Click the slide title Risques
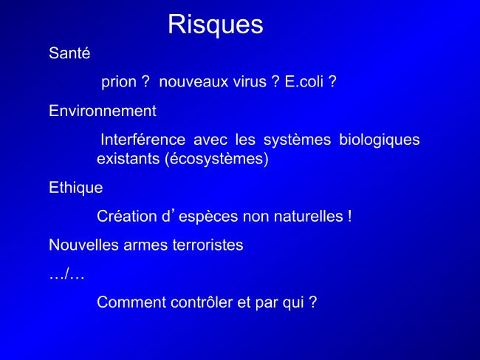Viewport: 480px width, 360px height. click(216, 25)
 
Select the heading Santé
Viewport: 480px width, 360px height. click(69, 53)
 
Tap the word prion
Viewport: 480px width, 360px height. click(119, 82)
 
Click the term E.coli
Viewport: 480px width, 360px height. click(304, 81)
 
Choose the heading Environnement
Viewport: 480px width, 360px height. click(103, 111)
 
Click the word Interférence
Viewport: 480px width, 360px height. click(143, 140)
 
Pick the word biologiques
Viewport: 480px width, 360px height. click(380, 140)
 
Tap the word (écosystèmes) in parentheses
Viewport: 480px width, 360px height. click(216, 160)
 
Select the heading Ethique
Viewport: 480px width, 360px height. click(76, 188)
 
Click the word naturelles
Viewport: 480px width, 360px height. click(308, 217)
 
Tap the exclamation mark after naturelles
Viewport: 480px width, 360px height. click(349, 217)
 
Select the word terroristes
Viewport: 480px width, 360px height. click(208, 245)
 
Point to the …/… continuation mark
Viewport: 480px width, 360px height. click(66, 274)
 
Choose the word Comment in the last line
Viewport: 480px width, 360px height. click(131, 302)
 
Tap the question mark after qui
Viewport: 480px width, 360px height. click(313, 302)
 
